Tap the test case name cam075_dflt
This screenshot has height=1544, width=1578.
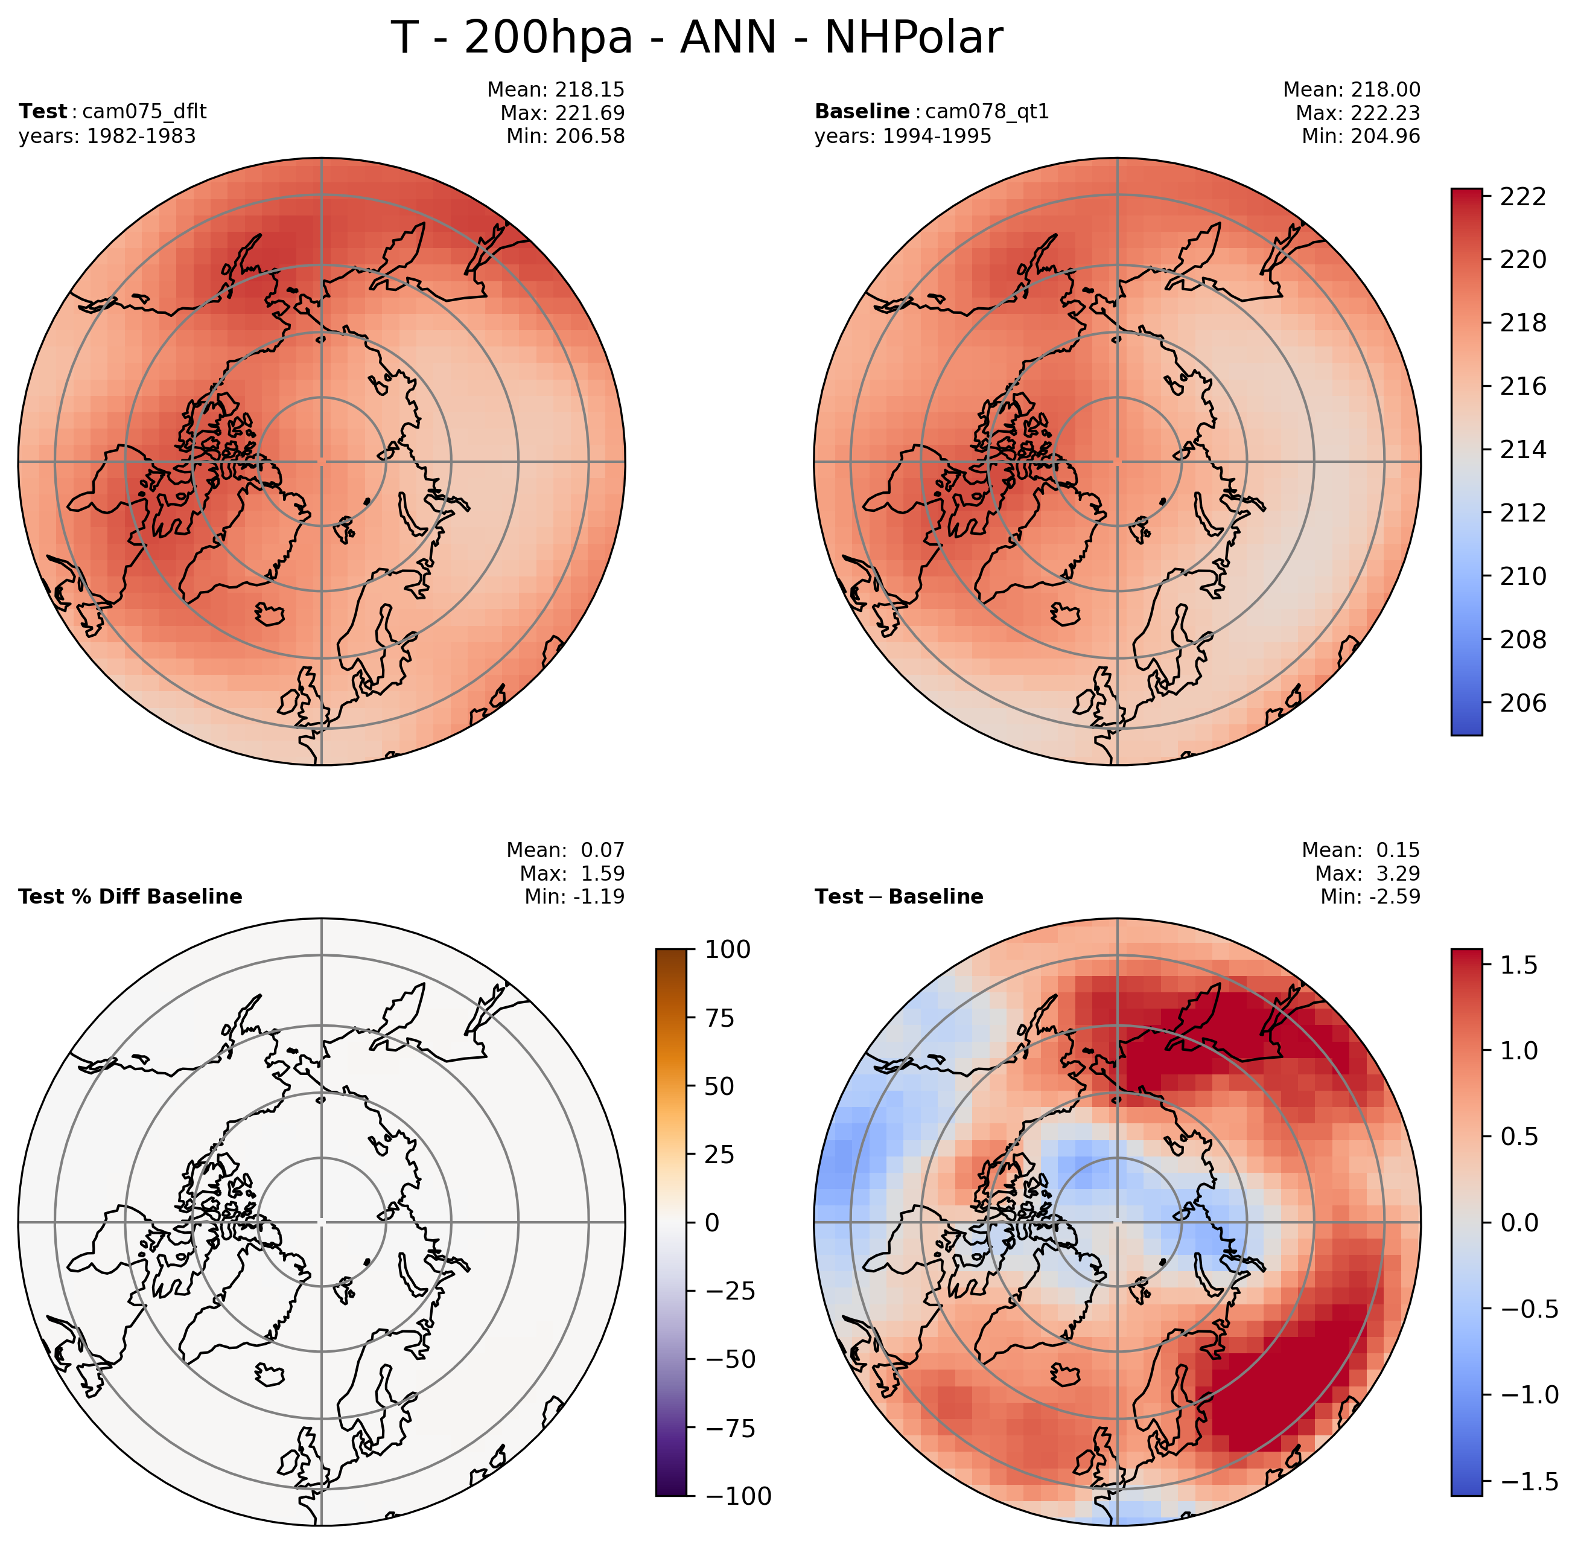(x=144, y=112)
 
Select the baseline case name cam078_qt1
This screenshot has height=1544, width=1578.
(x=987, y=112)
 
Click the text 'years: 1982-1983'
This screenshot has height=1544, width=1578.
(x=107, y=136)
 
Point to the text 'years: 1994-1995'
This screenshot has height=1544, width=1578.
(x=903, y=136)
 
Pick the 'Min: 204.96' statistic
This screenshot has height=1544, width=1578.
(x=1361, y=136)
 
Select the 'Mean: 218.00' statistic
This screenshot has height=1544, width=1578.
(x=1351, y=89)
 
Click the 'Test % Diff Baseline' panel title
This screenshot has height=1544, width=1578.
(x=130, y=897)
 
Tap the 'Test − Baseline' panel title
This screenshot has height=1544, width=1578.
(x=899, y=897)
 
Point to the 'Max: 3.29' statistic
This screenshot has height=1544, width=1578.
(x=1367, y=873)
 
